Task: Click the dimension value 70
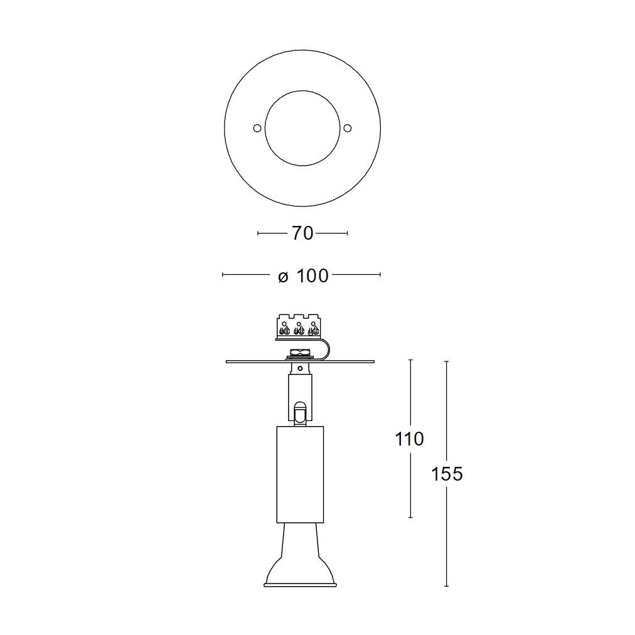[302, 233]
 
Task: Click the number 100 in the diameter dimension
[312, 276]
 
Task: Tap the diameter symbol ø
[283, 277]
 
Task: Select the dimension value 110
[410, 439]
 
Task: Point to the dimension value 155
[447, 474]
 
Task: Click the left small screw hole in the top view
[257, 129]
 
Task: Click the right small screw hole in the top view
[347, 129]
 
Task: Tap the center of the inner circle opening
[302, 128]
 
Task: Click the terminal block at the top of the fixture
[299, 327]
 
